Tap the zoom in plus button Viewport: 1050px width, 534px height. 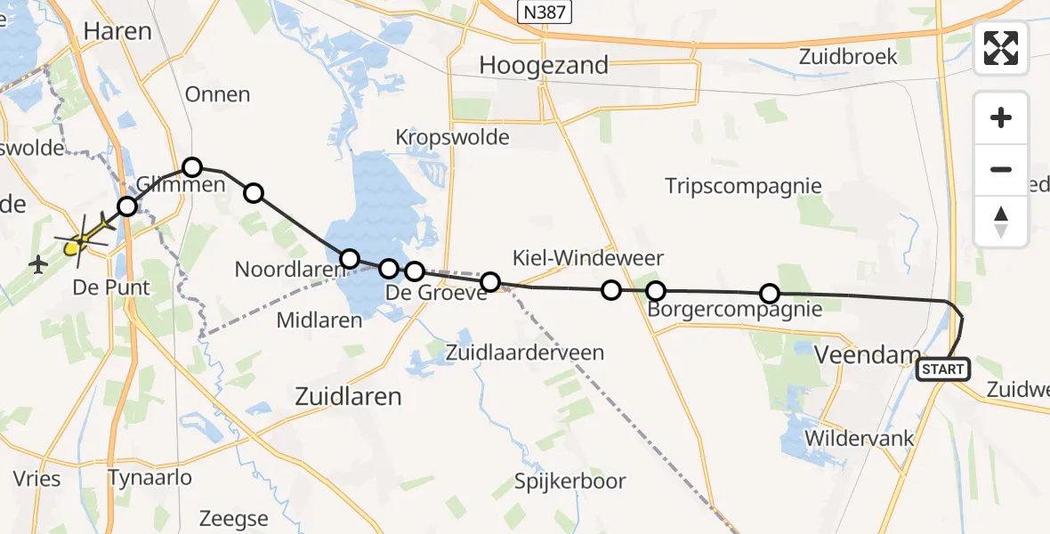coord(1001,117)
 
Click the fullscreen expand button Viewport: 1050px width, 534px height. coord(1001,48)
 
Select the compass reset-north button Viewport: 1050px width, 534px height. coord(1001,221)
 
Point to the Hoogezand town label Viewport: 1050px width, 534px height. coord(544,65)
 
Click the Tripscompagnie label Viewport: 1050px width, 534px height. coord(744,186)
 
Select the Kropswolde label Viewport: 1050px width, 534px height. coord(453,137)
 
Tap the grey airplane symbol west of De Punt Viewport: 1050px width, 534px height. coord(38,264)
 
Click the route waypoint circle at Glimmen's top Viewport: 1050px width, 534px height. coord(191,166)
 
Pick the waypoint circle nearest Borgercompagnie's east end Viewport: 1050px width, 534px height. coord(770,294)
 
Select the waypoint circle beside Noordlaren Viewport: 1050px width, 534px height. coord(350,259)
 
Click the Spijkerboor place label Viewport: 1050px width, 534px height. coord(570,481)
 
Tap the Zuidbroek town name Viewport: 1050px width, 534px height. coord(848,56)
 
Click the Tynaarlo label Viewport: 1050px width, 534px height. coord(149,478)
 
